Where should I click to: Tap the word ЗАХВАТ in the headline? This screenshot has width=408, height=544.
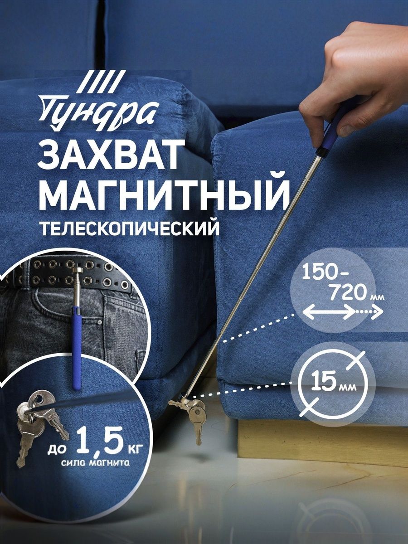click(108, 154)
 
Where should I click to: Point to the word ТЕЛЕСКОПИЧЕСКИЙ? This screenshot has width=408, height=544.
click(130, 228)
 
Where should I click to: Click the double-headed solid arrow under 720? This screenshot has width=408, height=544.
click(329, 312)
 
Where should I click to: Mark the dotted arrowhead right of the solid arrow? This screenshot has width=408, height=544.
click(377, 312)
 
